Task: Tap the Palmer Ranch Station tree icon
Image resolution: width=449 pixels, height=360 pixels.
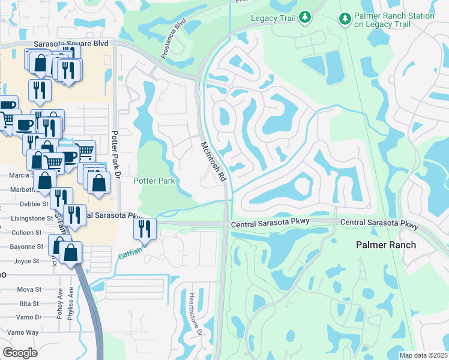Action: pyautogui.click(x=345, y=19)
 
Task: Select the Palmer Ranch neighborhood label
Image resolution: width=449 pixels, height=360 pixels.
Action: pyautogui.click(x=386, y=245)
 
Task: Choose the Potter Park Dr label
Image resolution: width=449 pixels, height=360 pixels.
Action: pyautogui.click(x=118, y=153)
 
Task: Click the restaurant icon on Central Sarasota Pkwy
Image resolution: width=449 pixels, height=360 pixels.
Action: pyautogui.click(x=145, y=229)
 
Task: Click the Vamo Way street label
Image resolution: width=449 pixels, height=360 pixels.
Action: pyautogui.click(x=23, y=332)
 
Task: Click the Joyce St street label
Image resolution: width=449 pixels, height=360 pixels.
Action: pyautogui.click(x=26, y=261)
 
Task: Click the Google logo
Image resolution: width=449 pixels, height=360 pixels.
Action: pyautogui.click(x=20, y=352)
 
